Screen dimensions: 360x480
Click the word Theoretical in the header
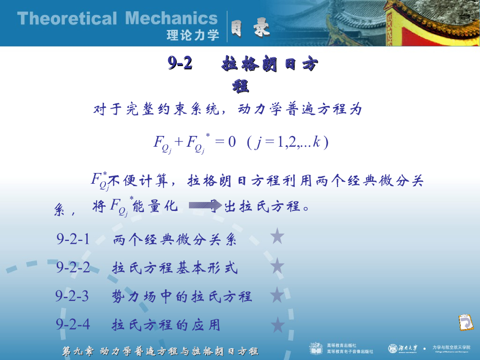[x=67, y=19]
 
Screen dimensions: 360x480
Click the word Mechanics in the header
[x=172, y=19]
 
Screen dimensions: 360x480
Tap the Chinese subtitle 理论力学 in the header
[x=193, y=35]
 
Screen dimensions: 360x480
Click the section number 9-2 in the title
[x=180, y=64]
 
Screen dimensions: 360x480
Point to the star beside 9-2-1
[x=277, y=237]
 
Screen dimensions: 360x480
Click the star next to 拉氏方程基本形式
[x=277, y=266]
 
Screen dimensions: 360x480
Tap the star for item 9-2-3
[x=277, y=295]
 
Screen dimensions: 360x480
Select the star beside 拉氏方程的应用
[x=277, y=324]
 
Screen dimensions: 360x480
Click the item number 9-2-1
[x=73, y=240]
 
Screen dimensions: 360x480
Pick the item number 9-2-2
[x=73, y=268]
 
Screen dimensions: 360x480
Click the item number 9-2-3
[x=72, y=296]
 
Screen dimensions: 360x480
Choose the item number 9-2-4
[x=73, y=324]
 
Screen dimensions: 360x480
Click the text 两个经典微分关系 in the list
[x=174, y=240]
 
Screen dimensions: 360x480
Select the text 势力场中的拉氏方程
[x=182, y=297]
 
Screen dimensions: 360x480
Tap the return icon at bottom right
[x=465, y=323]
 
